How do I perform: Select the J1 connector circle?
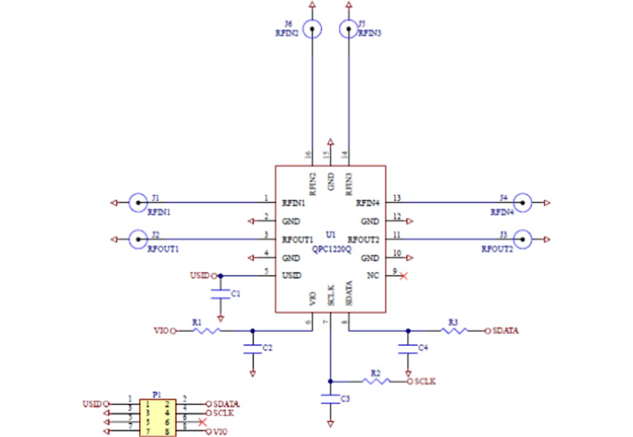pos(138,203)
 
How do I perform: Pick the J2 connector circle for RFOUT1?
pos(138,239)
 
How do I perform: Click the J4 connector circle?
pos(522,203)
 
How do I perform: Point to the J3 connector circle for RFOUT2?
pos(522,239)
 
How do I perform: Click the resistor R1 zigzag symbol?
pos(207,331)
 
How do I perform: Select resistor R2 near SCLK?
pos(376,382)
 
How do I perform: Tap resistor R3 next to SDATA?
pos(455,331)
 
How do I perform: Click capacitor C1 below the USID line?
pos(220,294)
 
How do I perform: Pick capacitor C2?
pos(253,349)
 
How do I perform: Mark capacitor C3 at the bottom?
pos(331,399)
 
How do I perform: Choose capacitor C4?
pos(408,349)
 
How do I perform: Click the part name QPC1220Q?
pos(332,249)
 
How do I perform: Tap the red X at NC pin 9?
pos(403,276)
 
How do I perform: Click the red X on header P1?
pos(203,422)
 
